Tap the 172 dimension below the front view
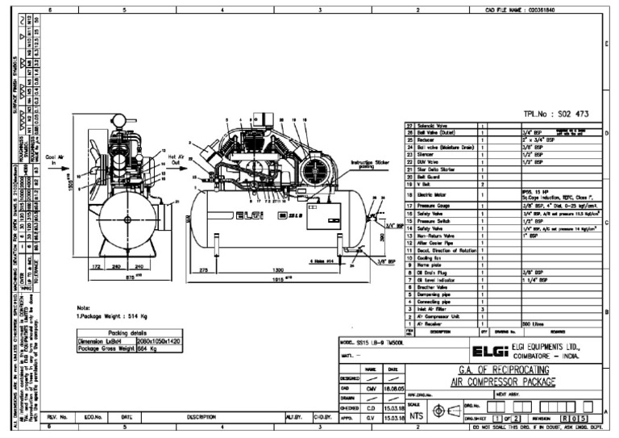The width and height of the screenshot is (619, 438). point(97,267)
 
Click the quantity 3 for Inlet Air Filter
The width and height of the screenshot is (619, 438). point(482,308)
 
